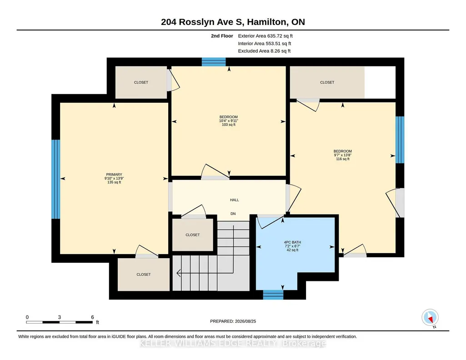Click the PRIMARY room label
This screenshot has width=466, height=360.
coord(114,175)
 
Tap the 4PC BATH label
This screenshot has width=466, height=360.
coord(292,242)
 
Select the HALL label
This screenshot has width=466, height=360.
coord(235,200)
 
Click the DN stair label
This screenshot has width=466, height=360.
coord(233,214)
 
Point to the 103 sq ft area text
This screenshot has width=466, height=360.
coord(229,125)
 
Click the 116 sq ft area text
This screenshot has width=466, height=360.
coord(343,159)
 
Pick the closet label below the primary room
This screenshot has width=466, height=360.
coord(144,275)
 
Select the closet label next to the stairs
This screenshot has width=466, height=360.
coord(193,235)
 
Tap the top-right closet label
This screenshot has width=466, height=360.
coord(327,82)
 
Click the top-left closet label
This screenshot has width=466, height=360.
coord(141,82)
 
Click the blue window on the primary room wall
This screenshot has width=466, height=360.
coord(55,179)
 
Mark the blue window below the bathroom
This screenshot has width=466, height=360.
coord(273,295)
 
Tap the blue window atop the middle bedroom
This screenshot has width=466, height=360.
coord(214,62)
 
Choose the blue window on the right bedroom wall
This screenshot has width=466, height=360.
coord(400,140)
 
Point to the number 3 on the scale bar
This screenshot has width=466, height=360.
coord(60,317)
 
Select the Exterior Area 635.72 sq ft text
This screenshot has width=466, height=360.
coord(266,36)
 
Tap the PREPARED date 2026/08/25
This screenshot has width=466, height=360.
coord(246,321)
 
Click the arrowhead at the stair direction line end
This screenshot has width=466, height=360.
coord(178,273)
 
